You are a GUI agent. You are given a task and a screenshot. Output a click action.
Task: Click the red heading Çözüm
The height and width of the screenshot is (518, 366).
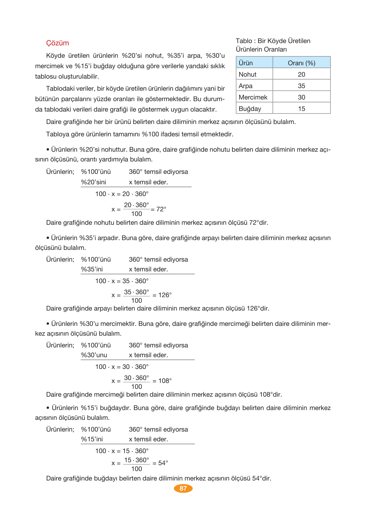pos(57,43)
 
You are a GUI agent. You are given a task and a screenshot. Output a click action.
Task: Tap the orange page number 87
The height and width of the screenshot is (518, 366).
pos(183,488)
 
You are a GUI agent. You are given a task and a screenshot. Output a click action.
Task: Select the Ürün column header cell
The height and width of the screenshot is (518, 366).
pos(246,63)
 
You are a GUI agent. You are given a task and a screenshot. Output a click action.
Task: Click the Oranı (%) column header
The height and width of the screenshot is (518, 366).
pos(301,63)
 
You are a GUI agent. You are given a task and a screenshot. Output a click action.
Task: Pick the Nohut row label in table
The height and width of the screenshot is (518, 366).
pos(247,74)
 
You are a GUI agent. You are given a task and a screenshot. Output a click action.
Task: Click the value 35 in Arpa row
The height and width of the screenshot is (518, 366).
pos(301,86)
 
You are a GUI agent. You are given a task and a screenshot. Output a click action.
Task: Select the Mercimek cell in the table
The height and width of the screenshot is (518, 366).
pos(253,97)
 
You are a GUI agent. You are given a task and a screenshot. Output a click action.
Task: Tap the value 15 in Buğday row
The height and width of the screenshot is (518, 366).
pos(301,109)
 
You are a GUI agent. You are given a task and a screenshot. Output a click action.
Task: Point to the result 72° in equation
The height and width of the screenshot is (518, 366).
pos(161,209)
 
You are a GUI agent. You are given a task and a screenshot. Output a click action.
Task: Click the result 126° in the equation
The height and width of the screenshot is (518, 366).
pos(165,295)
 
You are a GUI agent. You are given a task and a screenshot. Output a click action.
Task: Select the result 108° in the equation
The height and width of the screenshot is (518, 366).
pos(165,381)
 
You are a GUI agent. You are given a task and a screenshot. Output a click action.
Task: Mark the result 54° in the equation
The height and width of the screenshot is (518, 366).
pos(163,463)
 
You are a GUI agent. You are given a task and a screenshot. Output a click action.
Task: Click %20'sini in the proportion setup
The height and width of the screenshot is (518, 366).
pos(94,182)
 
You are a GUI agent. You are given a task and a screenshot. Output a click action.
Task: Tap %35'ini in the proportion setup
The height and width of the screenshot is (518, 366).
pos(92,269)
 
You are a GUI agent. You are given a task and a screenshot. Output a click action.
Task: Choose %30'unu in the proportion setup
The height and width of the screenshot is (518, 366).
pos(94,355)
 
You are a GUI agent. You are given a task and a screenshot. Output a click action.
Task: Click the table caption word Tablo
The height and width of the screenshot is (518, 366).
pos(244,41)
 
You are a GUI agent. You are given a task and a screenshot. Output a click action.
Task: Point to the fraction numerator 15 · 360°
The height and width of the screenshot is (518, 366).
pos(136,460)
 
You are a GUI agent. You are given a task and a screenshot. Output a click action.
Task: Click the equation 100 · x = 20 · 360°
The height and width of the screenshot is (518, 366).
pos(122,194)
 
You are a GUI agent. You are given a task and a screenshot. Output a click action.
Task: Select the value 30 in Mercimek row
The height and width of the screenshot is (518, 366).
pos(301,97)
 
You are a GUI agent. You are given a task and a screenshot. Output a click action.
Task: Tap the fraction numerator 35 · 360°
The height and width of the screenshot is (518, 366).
pos(136,292)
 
